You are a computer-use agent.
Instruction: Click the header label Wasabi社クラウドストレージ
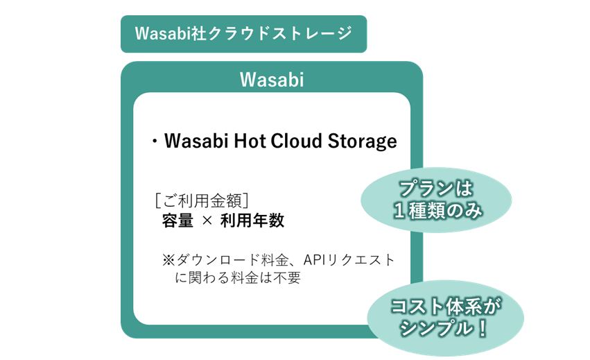[243, 33]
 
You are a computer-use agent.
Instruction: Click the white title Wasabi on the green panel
[272, 80]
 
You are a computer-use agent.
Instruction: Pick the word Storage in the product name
[362, 142]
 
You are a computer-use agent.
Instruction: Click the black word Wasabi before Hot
[197, 141]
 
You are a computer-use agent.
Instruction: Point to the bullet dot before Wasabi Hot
[155, 142]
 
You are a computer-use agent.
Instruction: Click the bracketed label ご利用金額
[202, 200]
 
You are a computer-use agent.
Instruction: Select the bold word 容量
[177, 221]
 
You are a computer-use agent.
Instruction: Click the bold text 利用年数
[252, 221]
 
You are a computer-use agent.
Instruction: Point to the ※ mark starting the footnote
[169, 260]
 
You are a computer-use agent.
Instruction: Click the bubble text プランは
[436, 188]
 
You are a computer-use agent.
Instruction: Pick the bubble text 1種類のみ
[437, 210]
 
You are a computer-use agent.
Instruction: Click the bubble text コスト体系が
[446, 306]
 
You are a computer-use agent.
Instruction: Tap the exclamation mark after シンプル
[482, 328]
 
